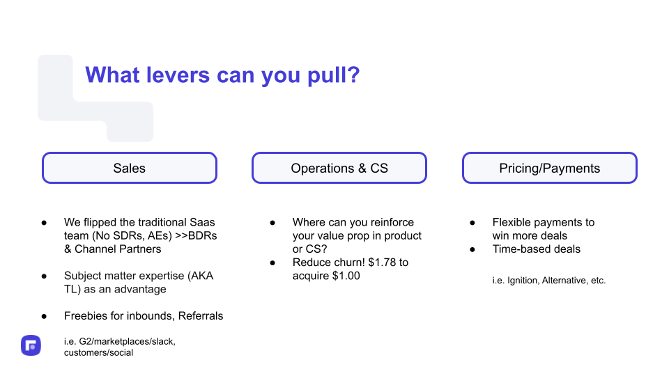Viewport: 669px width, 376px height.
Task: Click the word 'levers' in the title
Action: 178,75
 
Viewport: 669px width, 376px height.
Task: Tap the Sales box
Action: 130,168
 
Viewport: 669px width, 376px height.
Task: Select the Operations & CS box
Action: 339,168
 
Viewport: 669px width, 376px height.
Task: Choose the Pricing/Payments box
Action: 550,168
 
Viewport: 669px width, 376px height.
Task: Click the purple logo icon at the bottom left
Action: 31,345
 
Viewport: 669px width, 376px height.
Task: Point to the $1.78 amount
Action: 383,263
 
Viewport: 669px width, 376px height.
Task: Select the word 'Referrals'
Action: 201,316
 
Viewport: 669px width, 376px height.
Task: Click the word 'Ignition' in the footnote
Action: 523,281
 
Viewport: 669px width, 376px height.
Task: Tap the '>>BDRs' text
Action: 197,236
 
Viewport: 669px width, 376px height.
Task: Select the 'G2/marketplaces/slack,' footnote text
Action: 127,341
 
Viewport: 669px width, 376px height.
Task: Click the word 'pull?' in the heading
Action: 334,75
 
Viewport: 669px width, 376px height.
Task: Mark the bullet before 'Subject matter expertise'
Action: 44,276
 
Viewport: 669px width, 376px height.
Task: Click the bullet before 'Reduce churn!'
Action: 272,263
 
